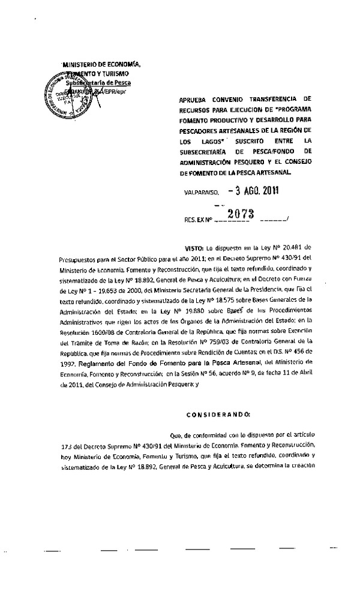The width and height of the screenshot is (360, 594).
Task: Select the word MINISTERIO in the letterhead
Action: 81,64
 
